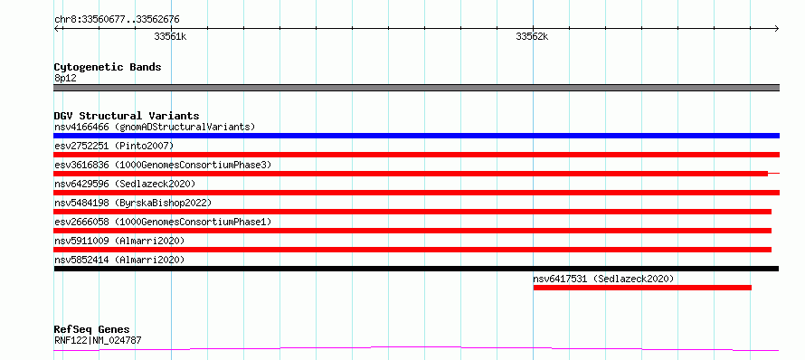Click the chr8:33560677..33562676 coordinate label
pos(117,20)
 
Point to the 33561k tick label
pos(170,36)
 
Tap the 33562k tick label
pos(532,36)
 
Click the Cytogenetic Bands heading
pos(108,67)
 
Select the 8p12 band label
pos(65,79)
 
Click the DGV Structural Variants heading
pos(127,116)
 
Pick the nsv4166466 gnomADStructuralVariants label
pos(155,127)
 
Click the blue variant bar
pos(416,136)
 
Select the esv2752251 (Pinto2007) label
pos(114,146)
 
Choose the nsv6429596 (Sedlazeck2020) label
pos(125,184)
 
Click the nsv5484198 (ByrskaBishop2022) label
pos(133,203)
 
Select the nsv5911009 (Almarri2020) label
pos(119,241)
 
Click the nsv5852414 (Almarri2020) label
pos(119,260)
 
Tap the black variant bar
pos(416,269)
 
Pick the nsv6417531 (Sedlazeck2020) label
pos(603,279)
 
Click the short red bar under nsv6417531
pos(642,288)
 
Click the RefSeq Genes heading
pos(92,330)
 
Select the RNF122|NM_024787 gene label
pos(98,340)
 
